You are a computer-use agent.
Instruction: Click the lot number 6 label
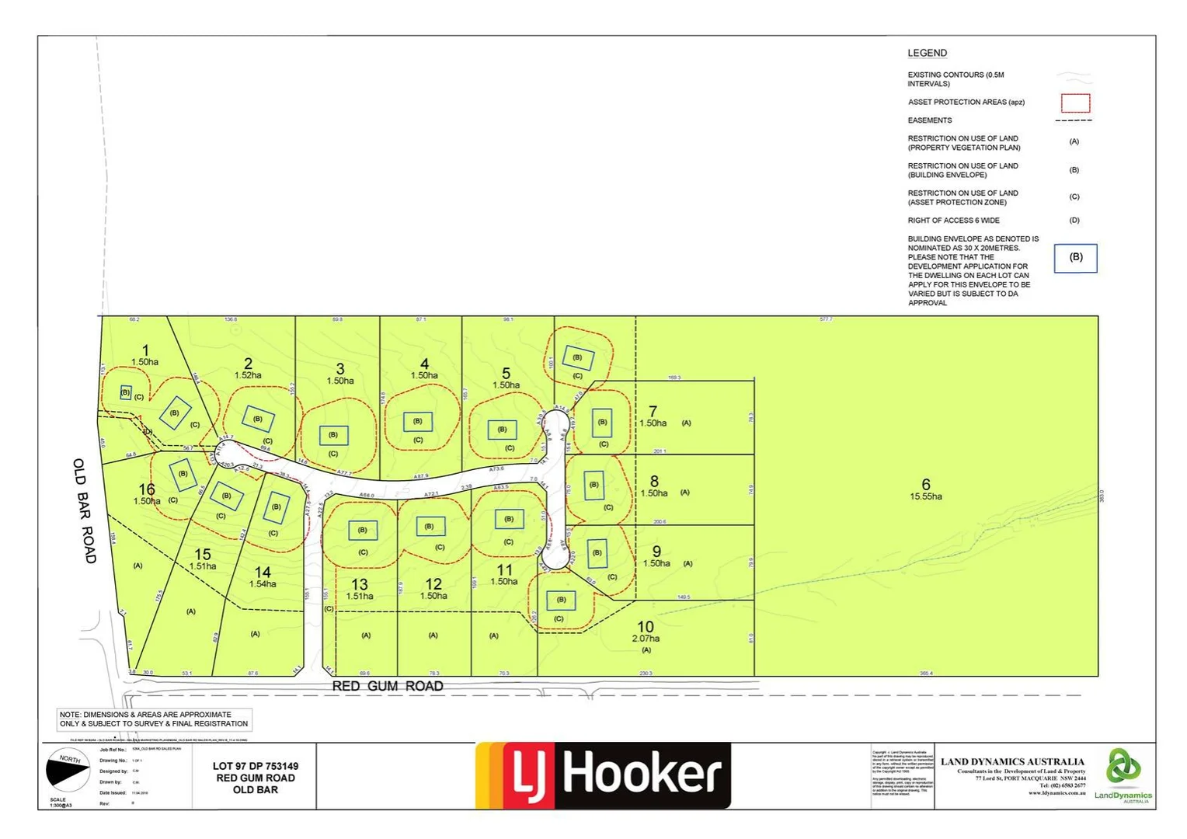pyautogui.click(x=925, y=484)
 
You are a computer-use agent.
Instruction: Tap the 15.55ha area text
pyautogui.click(x=925, y=496)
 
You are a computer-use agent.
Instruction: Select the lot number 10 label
pyautogui.click(x=646, y=626)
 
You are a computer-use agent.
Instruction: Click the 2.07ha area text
pyautogui.click(x=646, y=639)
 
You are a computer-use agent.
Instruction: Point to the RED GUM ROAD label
pyautogui.click(x=388, y=686)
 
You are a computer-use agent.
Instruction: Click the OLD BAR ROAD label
pyautogui.click(x=85, y=510)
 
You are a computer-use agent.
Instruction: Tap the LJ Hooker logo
pyautogui.click(x=603, y=775)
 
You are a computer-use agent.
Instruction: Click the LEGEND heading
pyautogui.click(x=927, y=53)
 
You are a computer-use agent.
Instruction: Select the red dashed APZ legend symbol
pyautogui.click(x=1075, y=103)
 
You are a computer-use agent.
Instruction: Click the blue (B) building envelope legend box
pyautogui.click(x=1075, y=258)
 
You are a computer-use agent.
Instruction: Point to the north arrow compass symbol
pyautogui.click(x=68, y=770)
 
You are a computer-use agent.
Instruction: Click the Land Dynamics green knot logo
pyautogui.click(x=1123, y=767)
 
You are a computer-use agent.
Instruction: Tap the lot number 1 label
pyautogui.click(x=145, y=350)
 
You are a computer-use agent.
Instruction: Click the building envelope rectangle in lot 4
pyautogui.click(x=418, y=421)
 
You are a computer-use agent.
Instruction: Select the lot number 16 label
pyautogui.click(x=147, y=489)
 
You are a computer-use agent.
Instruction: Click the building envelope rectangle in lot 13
pyautogui.click(x=363, y=530)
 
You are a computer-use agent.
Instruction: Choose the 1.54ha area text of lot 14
pyautogui.click(x=263, y=583)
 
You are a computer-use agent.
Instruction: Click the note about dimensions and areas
pyautogui.click(x=154, y=719)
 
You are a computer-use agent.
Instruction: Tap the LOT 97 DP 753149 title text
pyautogui.click(x=256, y=766)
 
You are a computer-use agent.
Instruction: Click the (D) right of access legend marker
pyautogui.click(x=1074, y=220)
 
